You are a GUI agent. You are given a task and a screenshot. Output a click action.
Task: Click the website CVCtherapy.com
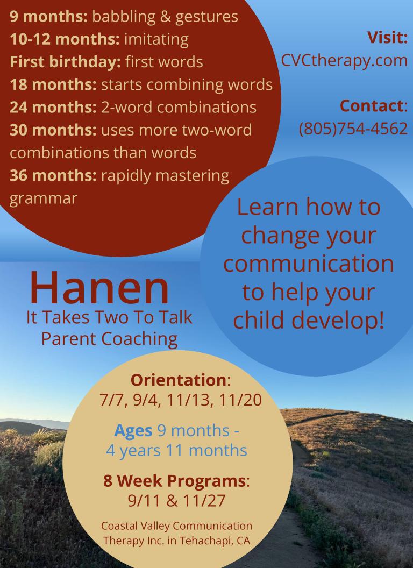pyautogui.click(x=344, y=61)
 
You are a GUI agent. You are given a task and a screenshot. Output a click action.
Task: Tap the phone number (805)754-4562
pyautogui.click(x=353, y=129)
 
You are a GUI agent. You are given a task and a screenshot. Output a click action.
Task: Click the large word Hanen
pyautogui.click(x=99, y=288)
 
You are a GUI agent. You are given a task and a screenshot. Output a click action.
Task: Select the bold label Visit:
pyautogui.click(x=387, y=37)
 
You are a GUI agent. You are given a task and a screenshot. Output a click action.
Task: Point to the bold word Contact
pyautogui.click(x=372, y=106)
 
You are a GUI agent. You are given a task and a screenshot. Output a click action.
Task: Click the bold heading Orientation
pyautogui.click(x=178, y=380)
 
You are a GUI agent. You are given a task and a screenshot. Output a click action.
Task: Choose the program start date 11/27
pyautogui.click(x=204, y=501)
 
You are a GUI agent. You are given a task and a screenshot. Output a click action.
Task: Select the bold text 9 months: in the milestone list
pyautogui.click(x=48, y=17)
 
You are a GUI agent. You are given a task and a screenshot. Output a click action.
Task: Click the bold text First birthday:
pyautogui.click(x=65, y=62)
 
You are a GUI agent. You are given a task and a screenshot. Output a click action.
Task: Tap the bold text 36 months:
pyautogui.click(x=53, y=176)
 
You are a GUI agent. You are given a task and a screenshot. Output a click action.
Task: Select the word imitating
pyautogui.click(x=156, y=40)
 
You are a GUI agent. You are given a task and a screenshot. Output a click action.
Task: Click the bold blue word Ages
pyautogui.click(x=133, y=431)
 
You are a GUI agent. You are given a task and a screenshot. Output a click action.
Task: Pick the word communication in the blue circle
pyautogui.click(x=309, y=264)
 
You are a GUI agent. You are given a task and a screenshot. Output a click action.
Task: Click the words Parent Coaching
pyautogui.click(x=109, y=339)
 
